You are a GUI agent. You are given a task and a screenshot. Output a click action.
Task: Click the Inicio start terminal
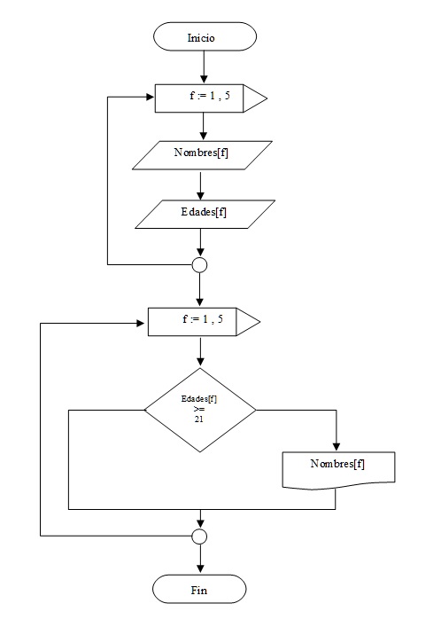[x=204, y=37]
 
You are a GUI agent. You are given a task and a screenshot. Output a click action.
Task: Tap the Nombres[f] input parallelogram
[x=203, y=155]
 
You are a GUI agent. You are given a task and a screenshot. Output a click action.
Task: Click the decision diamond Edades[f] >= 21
[x=200, y=410]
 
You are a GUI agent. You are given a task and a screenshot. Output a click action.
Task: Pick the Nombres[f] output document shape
[x=337, y=467]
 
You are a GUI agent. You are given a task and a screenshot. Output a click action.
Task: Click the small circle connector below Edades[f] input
[x=200, y=264]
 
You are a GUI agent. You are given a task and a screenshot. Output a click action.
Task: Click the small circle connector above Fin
[x=200, y=537]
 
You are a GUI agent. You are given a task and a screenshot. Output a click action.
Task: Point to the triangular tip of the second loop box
[x=249, y=321]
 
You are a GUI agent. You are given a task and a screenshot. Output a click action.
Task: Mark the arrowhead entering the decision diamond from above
[x=200, y=362]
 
